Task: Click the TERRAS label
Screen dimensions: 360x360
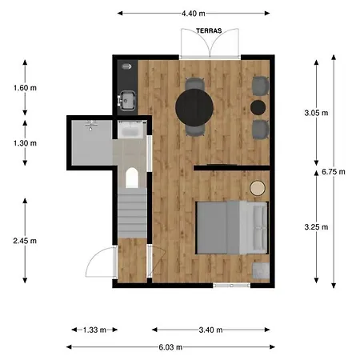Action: [x=209, y=31]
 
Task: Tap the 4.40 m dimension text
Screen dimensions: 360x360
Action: [x=194, y=14]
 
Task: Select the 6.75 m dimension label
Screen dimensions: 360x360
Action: [x=334, y=172]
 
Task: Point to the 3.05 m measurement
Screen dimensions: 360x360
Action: [x=316, y=113]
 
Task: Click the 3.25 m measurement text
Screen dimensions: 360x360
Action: [x=316, y=227]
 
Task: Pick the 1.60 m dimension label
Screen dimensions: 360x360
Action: [x=25, y=88]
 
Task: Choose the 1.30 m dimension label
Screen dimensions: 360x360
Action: [x=25, y=143]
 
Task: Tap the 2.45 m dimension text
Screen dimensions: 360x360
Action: [x=25, y=241]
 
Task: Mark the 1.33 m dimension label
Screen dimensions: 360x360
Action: [x=94, y=330]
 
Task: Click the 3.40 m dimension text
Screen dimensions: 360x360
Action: [x=210, y=330]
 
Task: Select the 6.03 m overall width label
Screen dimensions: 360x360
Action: [x=170, y=347]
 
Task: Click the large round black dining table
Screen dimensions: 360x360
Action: [x=194, y=107]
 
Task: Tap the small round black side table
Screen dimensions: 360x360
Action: [x=258, y=107]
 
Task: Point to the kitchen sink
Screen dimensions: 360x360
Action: [x=128, y=100]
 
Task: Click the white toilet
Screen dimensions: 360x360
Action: [x=132, y=178]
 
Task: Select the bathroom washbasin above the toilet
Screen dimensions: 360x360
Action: [x=130, y=130]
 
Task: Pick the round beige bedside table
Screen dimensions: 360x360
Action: [x=258, y=188]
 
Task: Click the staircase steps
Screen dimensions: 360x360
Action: [x=132, y=213]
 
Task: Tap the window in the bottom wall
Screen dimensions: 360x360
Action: [x=232, y=286]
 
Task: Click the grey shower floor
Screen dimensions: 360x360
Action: [x=92, y=142]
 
